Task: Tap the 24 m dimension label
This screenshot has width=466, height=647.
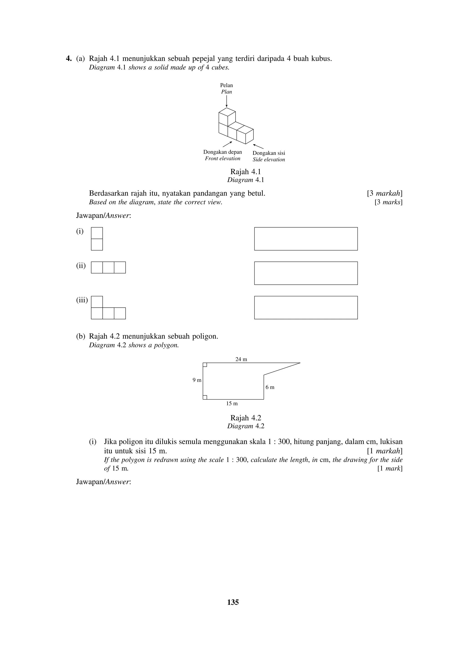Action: (241, 359)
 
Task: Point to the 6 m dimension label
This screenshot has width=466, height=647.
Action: (270, 387)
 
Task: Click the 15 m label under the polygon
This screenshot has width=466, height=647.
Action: (232, 403)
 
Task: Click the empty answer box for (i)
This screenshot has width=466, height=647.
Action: (306, 239)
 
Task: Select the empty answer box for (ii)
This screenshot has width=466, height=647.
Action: (306, 273)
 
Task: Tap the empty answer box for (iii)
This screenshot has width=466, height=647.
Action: (306, 307)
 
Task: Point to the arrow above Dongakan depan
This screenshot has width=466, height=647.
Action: (227, 144)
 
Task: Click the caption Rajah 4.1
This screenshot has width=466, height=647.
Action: (246, 172)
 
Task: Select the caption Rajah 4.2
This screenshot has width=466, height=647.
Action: (246, 418)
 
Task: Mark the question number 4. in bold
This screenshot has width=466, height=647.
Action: (68, 59)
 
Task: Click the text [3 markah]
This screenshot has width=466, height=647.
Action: (385, 193)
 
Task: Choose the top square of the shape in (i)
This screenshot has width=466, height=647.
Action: (97, 233)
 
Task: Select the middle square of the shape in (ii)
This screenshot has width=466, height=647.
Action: (108, 268)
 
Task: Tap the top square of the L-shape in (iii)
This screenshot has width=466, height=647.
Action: (97, 302)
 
